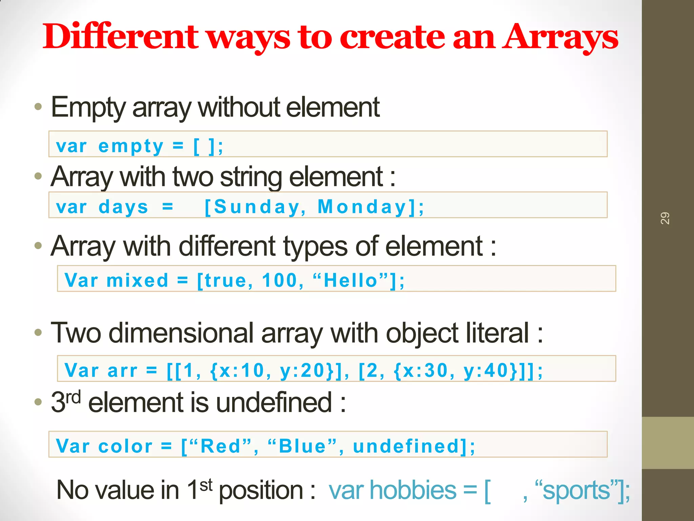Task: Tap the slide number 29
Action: coord(665,218)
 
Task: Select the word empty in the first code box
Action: coord(131,147)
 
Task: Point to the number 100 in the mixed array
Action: coord(280,281)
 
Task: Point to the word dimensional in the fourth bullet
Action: coord(181,333)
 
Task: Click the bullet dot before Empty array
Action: coord(38,107)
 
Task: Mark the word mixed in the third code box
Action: coord(137,281)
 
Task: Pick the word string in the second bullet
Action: coord(251,177)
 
